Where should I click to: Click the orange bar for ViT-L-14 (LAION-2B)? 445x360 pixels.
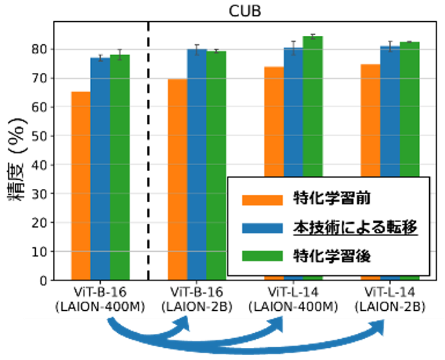tap(370, 121)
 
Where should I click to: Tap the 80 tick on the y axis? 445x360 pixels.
tap(41, 49)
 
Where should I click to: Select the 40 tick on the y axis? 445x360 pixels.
tap(41, 165)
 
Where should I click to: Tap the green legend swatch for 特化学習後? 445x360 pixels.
tap(262, 256)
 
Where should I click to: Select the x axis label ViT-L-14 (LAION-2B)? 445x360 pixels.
tap(390, 299)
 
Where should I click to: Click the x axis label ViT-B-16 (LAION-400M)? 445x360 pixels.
tap(100, 299)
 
